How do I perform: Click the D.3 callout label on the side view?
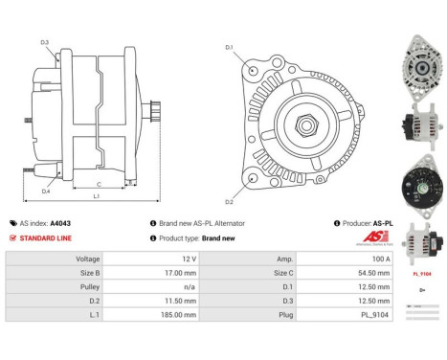tap(44, 41)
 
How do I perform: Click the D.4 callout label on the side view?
tap(45, 191)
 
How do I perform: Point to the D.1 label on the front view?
tap(229, 47)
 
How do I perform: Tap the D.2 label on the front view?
tap(229, 202)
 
